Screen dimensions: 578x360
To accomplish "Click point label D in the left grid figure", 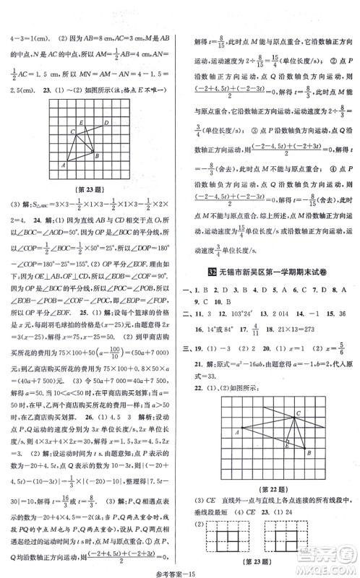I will [x=106, y=123].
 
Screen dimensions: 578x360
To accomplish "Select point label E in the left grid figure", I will [x=82, y=121].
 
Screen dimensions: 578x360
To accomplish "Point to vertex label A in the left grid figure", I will [x=65, y=165].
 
